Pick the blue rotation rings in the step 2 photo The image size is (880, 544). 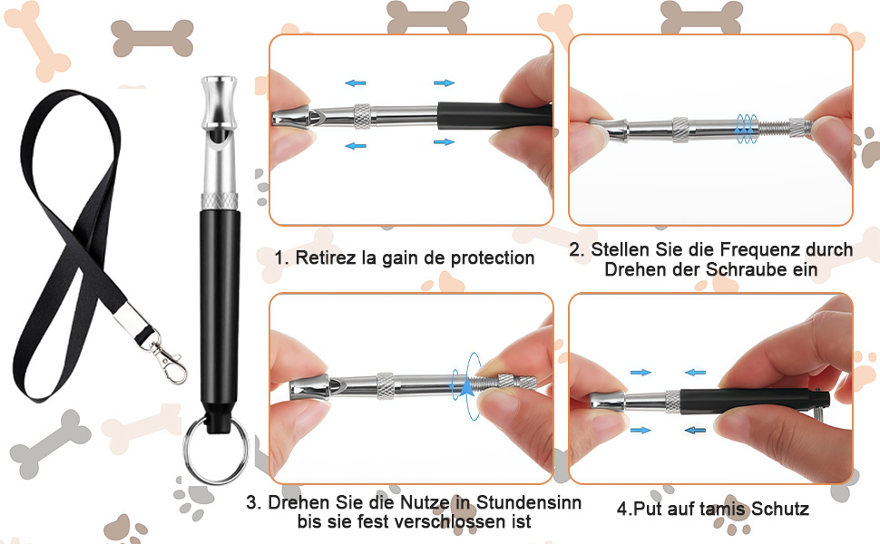pyautogui.click(x=745, y=129)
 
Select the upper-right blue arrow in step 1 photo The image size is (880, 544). pyautogui.click(x=444, y=83)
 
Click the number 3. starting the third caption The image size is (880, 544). pyautogui.click(x=254, y=501)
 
